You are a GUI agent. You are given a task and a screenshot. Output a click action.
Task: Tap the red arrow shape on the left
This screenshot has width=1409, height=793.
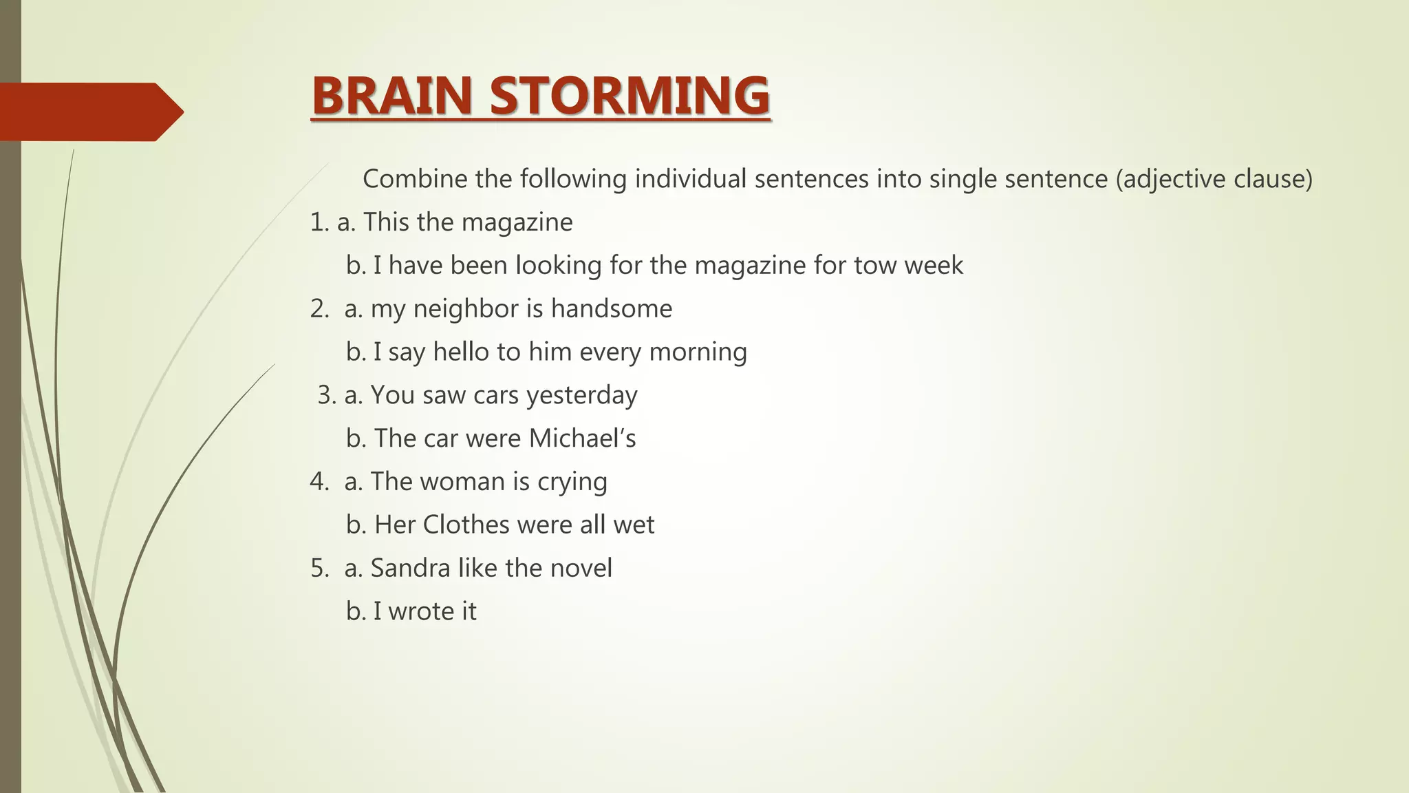point(89,112)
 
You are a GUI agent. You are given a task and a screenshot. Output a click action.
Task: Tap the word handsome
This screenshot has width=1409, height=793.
point(611,308)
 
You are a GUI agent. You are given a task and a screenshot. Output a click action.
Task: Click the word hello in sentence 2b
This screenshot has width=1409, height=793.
point(460,352)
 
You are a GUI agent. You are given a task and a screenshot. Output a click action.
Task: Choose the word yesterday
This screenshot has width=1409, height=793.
point(581,396)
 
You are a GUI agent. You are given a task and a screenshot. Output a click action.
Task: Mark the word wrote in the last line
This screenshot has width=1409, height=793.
point(416,611)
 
